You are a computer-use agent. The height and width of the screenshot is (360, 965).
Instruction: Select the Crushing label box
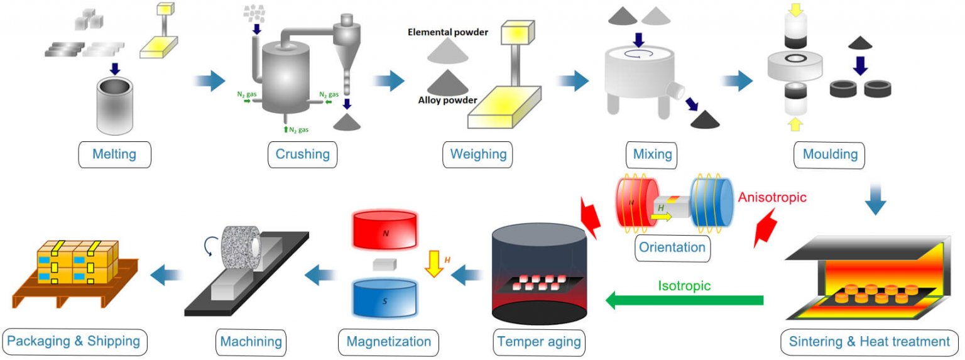click(302, 154)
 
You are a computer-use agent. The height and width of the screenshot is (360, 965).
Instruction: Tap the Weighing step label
click(477, 154)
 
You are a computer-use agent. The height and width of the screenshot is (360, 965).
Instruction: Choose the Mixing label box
click(653, 154)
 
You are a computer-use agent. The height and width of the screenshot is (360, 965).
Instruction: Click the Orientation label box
click(672, 247)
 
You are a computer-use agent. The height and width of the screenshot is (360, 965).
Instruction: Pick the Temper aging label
click(539, 342)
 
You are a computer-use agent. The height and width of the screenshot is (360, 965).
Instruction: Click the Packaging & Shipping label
click(75, 342)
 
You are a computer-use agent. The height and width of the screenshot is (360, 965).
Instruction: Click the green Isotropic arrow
click(684, 301)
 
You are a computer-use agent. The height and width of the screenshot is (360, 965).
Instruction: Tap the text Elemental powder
click(447, 31)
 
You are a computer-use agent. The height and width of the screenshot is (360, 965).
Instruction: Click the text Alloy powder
click(447, 99)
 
